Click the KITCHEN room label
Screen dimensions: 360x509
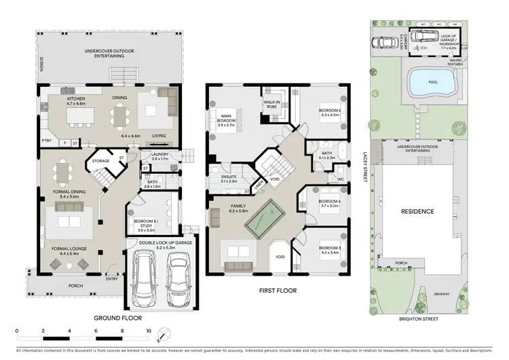(x=75, y=98)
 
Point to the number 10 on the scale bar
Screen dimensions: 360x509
(x=149, y=331)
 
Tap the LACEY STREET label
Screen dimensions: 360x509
(x=364, y=166)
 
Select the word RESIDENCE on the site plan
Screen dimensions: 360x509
(x=417, y=211)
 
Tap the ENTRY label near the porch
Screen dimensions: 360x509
(x=111, y=277)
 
